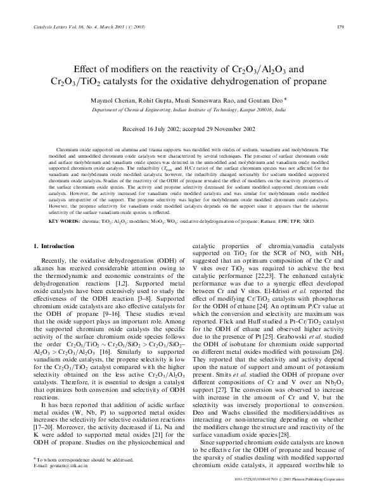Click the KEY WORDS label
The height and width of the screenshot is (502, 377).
pos(63,222)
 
